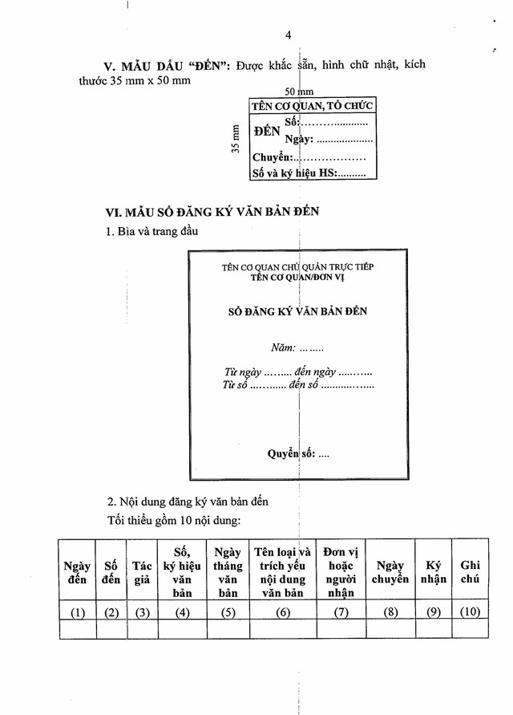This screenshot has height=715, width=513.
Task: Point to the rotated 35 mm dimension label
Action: pos(236,138)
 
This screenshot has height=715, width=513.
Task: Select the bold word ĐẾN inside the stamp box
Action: pos(266,131)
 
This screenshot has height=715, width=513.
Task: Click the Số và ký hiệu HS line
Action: pos(309,173)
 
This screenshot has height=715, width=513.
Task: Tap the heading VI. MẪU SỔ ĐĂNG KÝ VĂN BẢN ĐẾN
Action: pos(212,212)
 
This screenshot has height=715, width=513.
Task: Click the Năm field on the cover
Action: pos(297,348)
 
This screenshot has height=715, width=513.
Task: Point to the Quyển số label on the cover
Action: pos(297,454)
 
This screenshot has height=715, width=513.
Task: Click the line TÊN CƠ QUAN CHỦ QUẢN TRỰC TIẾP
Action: pos(298,266)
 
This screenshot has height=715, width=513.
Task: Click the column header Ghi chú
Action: pos(471,572)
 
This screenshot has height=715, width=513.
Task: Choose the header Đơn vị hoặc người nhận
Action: pos(340,572)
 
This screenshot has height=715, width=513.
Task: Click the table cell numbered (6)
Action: pos(283,613)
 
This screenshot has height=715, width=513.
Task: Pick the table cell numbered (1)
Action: pos(77,613)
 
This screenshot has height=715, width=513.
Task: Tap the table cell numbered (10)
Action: pos(471,613)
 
